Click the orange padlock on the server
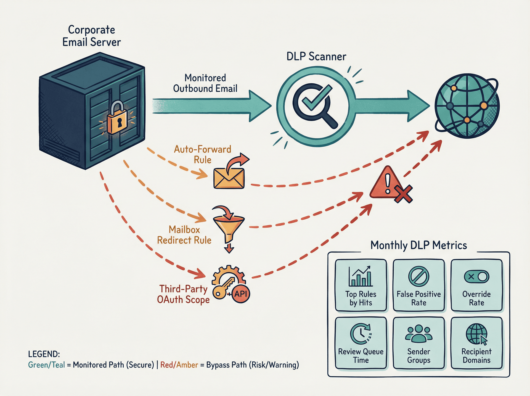118,119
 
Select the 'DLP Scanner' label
316,56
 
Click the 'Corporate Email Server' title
91,36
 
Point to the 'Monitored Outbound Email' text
205,83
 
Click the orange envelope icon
229,178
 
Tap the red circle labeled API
241,294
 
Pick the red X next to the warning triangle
403,194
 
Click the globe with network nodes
467,106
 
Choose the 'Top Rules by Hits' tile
361,285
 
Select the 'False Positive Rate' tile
418,285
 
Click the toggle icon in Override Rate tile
476,276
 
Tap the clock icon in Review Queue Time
361,334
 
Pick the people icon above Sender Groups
418,333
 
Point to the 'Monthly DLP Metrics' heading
418,245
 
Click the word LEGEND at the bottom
44,354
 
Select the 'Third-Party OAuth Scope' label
183,294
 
